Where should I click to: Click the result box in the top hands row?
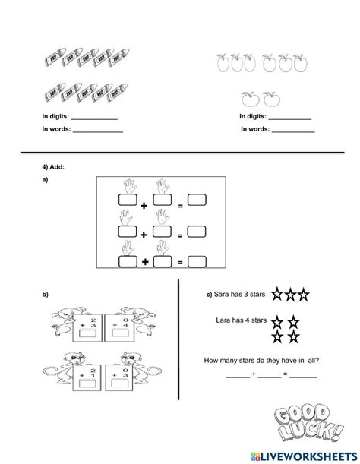coord(197,200)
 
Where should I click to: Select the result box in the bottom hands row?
coord(197,262)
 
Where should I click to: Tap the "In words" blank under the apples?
coord(292,131)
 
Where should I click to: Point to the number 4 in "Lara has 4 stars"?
coord(252,320)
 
